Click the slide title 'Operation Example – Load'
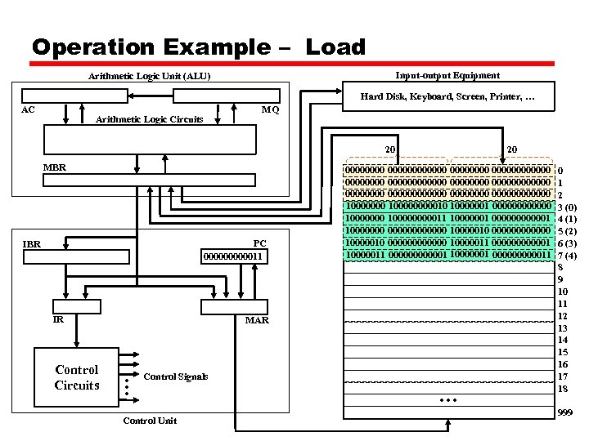tap(198, 47)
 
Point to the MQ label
tap(269, 109)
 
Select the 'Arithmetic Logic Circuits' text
tap(150, 119)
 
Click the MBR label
tap(55, 167)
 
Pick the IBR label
tap(32, 243)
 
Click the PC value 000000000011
tap(236, 256)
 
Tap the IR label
tap(58, 319)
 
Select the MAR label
tap(257, 320)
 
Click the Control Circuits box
tap(77, 377)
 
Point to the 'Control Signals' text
tap(175, 376)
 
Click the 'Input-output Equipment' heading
tap(447, 75)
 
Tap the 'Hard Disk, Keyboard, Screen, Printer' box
tap(447, 97)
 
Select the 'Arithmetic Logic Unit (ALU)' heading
tap(150, 77)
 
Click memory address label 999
tap(564, 414)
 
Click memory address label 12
tap(562, 315)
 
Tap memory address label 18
tap(562, 389)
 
